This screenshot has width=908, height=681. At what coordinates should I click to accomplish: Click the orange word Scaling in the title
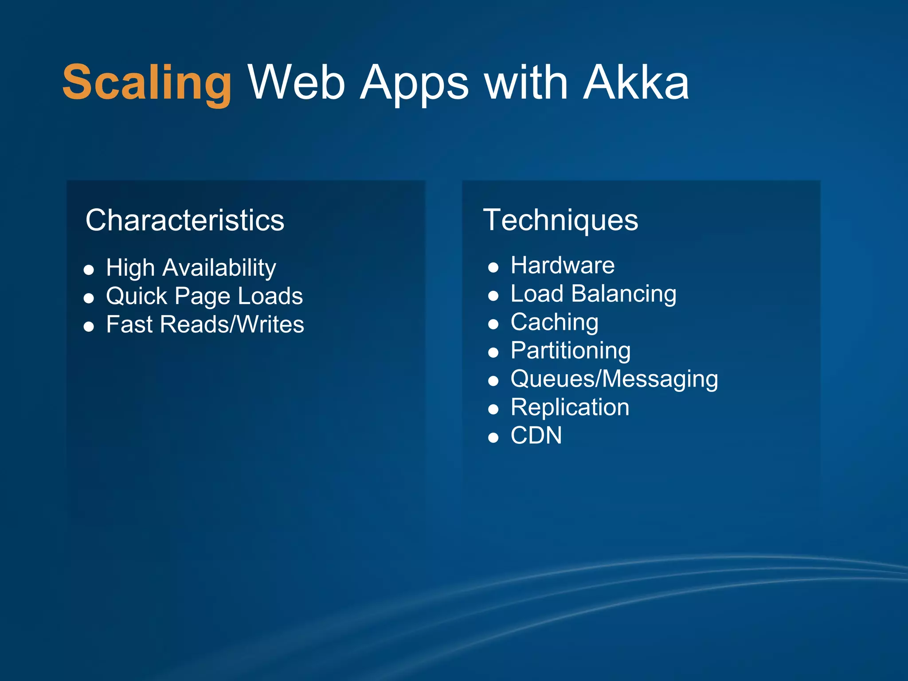pos(147,83)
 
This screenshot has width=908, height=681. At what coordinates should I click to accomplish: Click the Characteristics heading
pos(184,220)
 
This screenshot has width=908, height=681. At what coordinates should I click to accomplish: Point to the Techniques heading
pos(560,220)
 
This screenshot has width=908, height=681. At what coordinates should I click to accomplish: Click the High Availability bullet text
pos(191,268)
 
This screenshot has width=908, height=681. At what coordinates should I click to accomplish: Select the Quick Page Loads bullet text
pos(204,296)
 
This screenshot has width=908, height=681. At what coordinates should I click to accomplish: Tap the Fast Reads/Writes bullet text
pos(205,324)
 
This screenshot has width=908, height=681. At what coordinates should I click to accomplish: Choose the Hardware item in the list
pos(563,265)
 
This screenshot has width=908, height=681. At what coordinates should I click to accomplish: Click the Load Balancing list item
pos(593,294)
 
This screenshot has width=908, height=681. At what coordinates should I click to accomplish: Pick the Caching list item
pos(554,322)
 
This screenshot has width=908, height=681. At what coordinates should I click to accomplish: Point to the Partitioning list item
pos(571,350)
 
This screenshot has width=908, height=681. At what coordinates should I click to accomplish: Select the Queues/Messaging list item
pos(614,379)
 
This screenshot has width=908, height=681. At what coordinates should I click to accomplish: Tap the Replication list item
pos(570,407)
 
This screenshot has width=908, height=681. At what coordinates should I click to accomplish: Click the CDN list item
pos(536,435)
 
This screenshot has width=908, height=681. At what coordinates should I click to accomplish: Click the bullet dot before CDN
pos(493,438)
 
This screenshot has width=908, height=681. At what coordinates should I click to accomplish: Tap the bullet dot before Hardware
pos(493,267)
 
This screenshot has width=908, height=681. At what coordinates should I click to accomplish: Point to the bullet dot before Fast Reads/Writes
pos(89,327)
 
